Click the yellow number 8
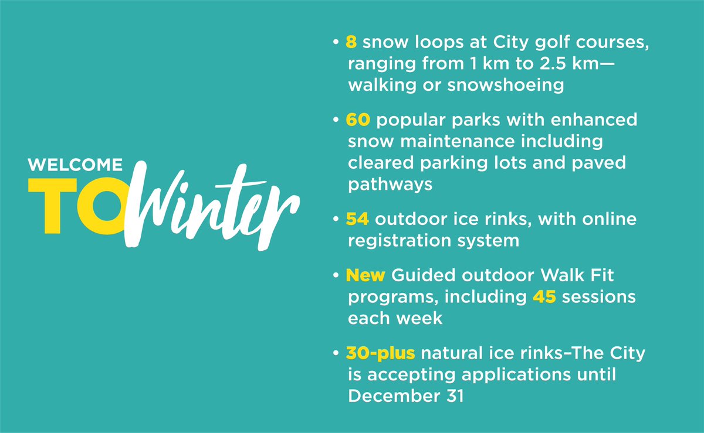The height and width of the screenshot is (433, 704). pyautogui.click(x=352, y=45)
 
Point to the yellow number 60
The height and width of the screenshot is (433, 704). pyautogui.click(x=358, y=121)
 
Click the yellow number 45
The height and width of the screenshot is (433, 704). pyautogui.click(x=544, y=297)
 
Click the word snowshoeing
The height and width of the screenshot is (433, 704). pyautogui.click(x=506, y=85)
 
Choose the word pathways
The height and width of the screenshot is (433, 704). pyautogui.click(x=390, y=184)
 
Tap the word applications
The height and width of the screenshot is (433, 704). pyautogui.click(x=510, y=374)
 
